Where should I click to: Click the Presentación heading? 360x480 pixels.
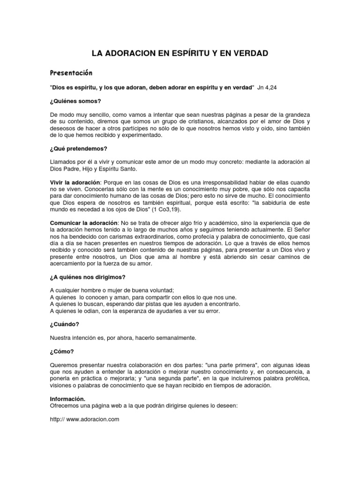point(71,74)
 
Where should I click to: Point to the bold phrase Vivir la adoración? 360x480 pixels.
point(75,181)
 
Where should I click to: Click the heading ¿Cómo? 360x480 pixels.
point(61,352)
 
